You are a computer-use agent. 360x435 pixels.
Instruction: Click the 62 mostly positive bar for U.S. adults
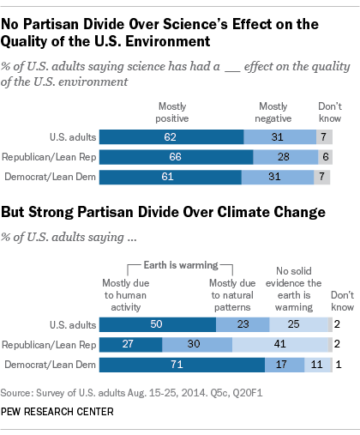pos(171,136)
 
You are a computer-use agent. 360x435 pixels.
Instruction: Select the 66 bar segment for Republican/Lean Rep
pos(176,157)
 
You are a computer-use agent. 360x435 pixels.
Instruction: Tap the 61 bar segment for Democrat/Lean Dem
pos(170,178)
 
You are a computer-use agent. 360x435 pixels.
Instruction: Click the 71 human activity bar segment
pos(182,364)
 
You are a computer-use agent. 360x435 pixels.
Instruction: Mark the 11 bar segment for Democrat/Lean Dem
pos(316,364)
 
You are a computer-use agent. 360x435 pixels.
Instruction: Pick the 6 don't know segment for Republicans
pos(325,157)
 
